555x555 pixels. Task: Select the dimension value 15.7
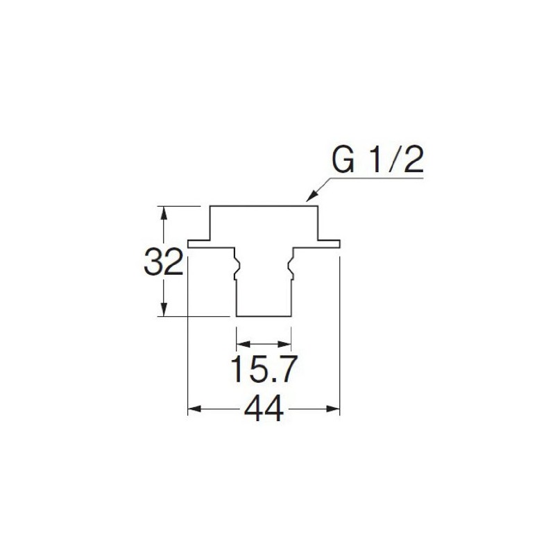264,369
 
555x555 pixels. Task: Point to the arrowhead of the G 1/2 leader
311,197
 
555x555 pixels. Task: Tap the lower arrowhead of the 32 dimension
164,309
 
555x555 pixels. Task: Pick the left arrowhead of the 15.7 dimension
243,343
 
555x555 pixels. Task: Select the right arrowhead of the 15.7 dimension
284,343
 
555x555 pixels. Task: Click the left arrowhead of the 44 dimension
194,409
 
